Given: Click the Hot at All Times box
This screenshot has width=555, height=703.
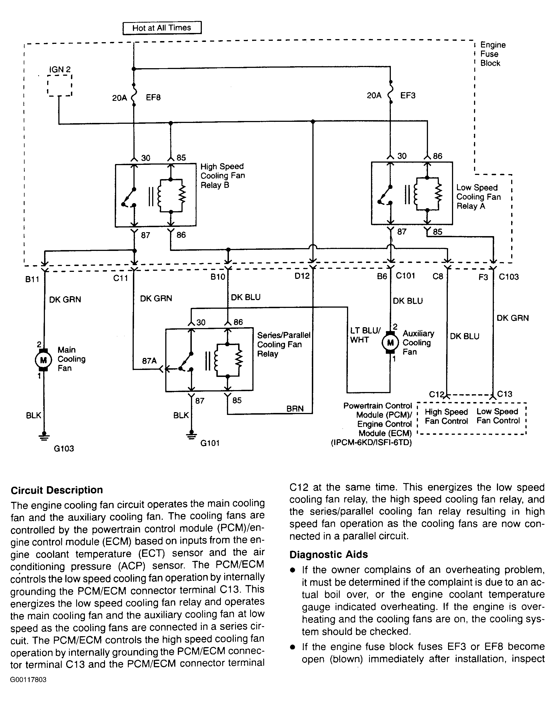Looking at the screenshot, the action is (x=162, y=28).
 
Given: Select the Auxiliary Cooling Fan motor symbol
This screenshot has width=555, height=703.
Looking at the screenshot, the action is (x=390, y=342).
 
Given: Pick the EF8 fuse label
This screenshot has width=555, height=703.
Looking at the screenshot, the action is (x=153, y=98).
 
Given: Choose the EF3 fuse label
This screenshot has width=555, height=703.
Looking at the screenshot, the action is (x=408, y=95).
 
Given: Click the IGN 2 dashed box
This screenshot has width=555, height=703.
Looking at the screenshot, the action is (x=59, y=85).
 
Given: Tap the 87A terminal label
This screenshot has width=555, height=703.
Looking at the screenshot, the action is (x=149, y=361).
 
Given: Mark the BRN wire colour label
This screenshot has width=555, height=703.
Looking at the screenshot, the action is (x=295, y=409).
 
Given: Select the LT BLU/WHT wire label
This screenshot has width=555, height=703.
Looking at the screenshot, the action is (x=365, y=335).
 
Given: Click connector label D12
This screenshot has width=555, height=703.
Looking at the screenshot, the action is (x=302, y=276).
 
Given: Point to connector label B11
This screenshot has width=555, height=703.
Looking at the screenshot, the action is (x=32, y=279).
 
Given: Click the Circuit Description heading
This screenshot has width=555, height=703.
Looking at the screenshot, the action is (x=57, y=490).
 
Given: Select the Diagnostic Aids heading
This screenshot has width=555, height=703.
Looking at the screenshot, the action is (x=329, y=554).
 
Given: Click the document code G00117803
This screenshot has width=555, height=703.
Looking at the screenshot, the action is (x=28, y=680).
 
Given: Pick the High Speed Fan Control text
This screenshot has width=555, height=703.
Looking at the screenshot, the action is (x=446, y=417).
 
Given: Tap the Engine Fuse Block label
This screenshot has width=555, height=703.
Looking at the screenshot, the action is (x=493, y=54).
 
